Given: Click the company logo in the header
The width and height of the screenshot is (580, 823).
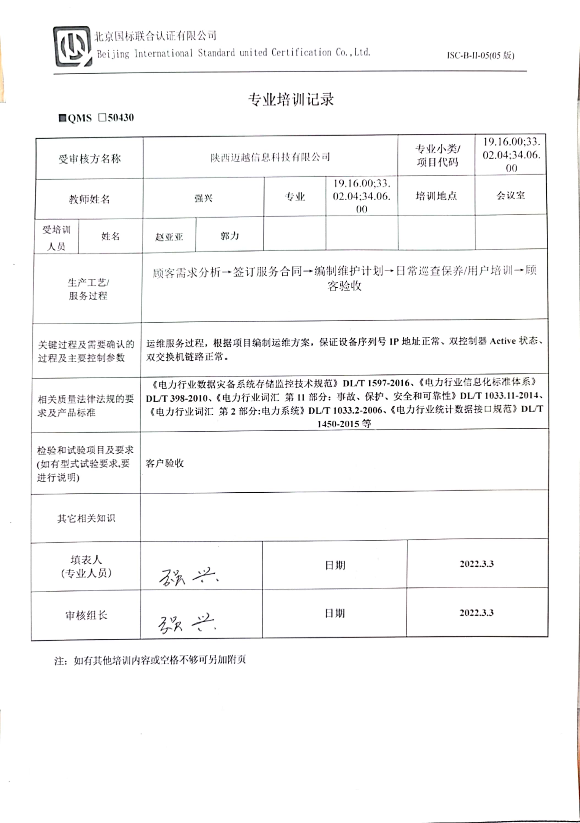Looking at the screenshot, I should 72,46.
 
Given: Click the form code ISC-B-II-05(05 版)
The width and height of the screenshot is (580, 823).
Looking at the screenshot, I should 480,56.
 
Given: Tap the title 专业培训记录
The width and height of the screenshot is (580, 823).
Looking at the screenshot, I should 291,100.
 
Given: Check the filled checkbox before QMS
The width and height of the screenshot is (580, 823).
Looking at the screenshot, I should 63,118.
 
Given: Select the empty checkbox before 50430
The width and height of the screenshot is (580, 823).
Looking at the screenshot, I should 102,117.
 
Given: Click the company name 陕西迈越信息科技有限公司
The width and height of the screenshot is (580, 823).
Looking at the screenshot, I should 270,157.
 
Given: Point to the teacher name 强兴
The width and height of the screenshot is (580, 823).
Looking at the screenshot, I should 203,198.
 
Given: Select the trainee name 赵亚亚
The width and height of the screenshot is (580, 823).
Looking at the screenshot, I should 169,237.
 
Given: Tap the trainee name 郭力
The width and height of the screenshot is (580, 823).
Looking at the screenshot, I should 229,236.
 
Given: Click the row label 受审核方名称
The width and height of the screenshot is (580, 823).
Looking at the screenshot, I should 90,159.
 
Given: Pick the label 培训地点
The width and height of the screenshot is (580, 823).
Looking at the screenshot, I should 436,196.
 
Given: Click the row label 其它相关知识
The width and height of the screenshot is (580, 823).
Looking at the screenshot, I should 86,518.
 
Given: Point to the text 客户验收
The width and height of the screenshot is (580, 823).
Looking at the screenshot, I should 165,463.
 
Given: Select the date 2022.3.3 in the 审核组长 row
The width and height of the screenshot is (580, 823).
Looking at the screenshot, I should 476,613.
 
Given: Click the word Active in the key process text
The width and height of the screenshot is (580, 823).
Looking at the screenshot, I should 503,341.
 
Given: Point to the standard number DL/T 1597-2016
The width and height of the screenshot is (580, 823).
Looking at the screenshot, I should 376,383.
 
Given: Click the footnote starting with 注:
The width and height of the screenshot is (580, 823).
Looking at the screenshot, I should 150,660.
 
